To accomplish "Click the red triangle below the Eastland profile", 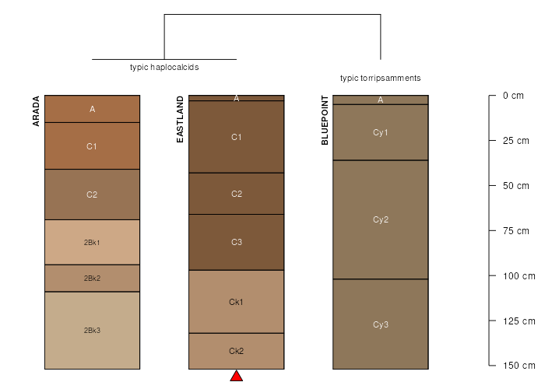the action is (237, 377).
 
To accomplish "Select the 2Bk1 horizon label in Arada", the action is (92, 243).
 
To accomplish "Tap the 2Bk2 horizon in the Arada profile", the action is (92, 279).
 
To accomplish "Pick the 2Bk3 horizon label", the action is (92, 331).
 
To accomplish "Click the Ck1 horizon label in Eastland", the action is (237, 302).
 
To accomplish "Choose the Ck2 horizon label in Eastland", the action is (237, 351).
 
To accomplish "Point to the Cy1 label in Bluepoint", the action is (381, 132).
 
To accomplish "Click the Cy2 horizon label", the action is (381, 219).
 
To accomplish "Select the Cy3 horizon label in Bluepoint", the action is (381, 324).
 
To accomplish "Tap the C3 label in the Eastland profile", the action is (237, 242).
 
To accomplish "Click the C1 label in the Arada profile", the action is (92, 146).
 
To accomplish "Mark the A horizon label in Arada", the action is (92, 109).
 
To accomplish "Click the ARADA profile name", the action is (36, 111).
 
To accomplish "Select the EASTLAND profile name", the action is (180, 119).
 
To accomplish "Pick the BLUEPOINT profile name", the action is (325, 120).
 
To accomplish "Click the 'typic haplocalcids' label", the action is (164, 67).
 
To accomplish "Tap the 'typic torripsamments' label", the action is (381, 78).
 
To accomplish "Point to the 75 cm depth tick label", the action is (515, 230).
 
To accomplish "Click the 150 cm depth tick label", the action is (519, 366).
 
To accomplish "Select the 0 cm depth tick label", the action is (513, 96).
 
